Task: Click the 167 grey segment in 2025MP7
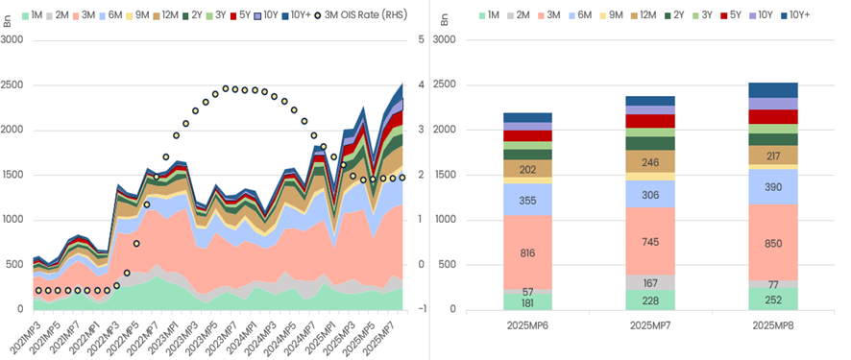pyautogui.click(x=649, y=283)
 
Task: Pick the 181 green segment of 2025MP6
pyautogui.click(x=526, y=302)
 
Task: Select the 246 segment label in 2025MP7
pyautogui.click(x=649, y=162)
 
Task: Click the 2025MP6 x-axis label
pyautogui.click(x=526, y=325)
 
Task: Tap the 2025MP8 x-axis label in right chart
pyautogui.click(x=772, y=325)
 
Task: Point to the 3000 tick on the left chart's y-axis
pyautogui.click(x=12, y=39)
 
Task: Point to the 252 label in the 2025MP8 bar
pyautogui.click(x=772, y=299)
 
